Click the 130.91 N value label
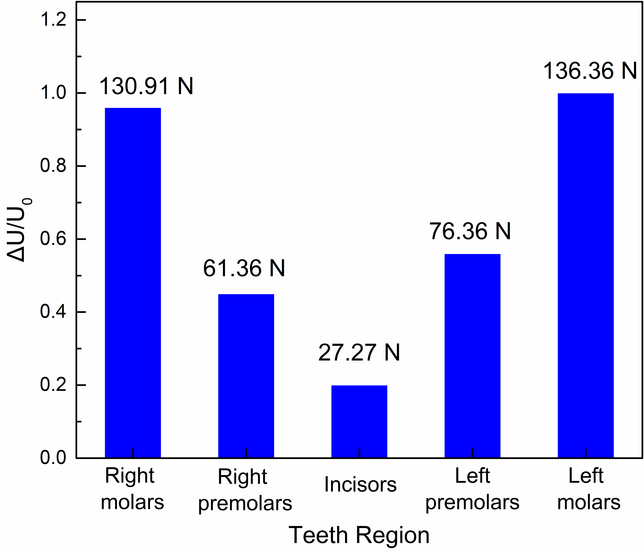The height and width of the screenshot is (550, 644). pos(146,86)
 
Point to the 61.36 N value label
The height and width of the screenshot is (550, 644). pos(244,268)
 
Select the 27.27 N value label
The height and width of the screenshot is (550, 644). pos(359,353)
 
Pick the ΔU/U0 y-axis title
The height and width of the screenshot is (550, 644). pos(19,230)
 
